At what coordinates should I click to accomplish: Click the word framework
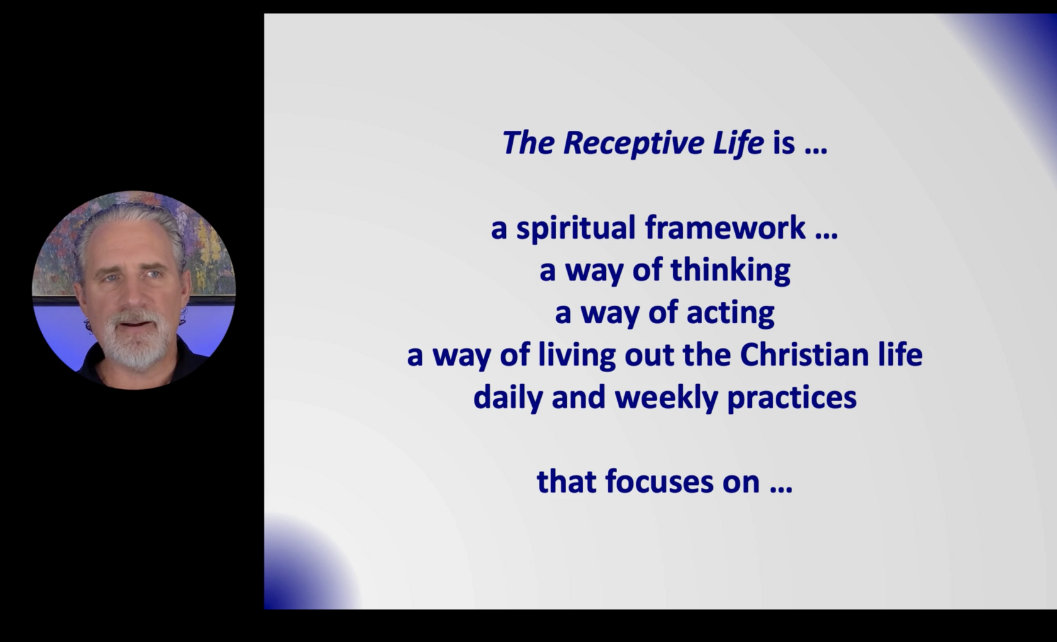click(x=725, y=228)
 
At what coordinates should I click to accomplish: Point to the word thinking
click(x=730, y=272)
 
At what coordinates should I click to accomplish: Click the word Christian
click(x=804, y=355)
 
